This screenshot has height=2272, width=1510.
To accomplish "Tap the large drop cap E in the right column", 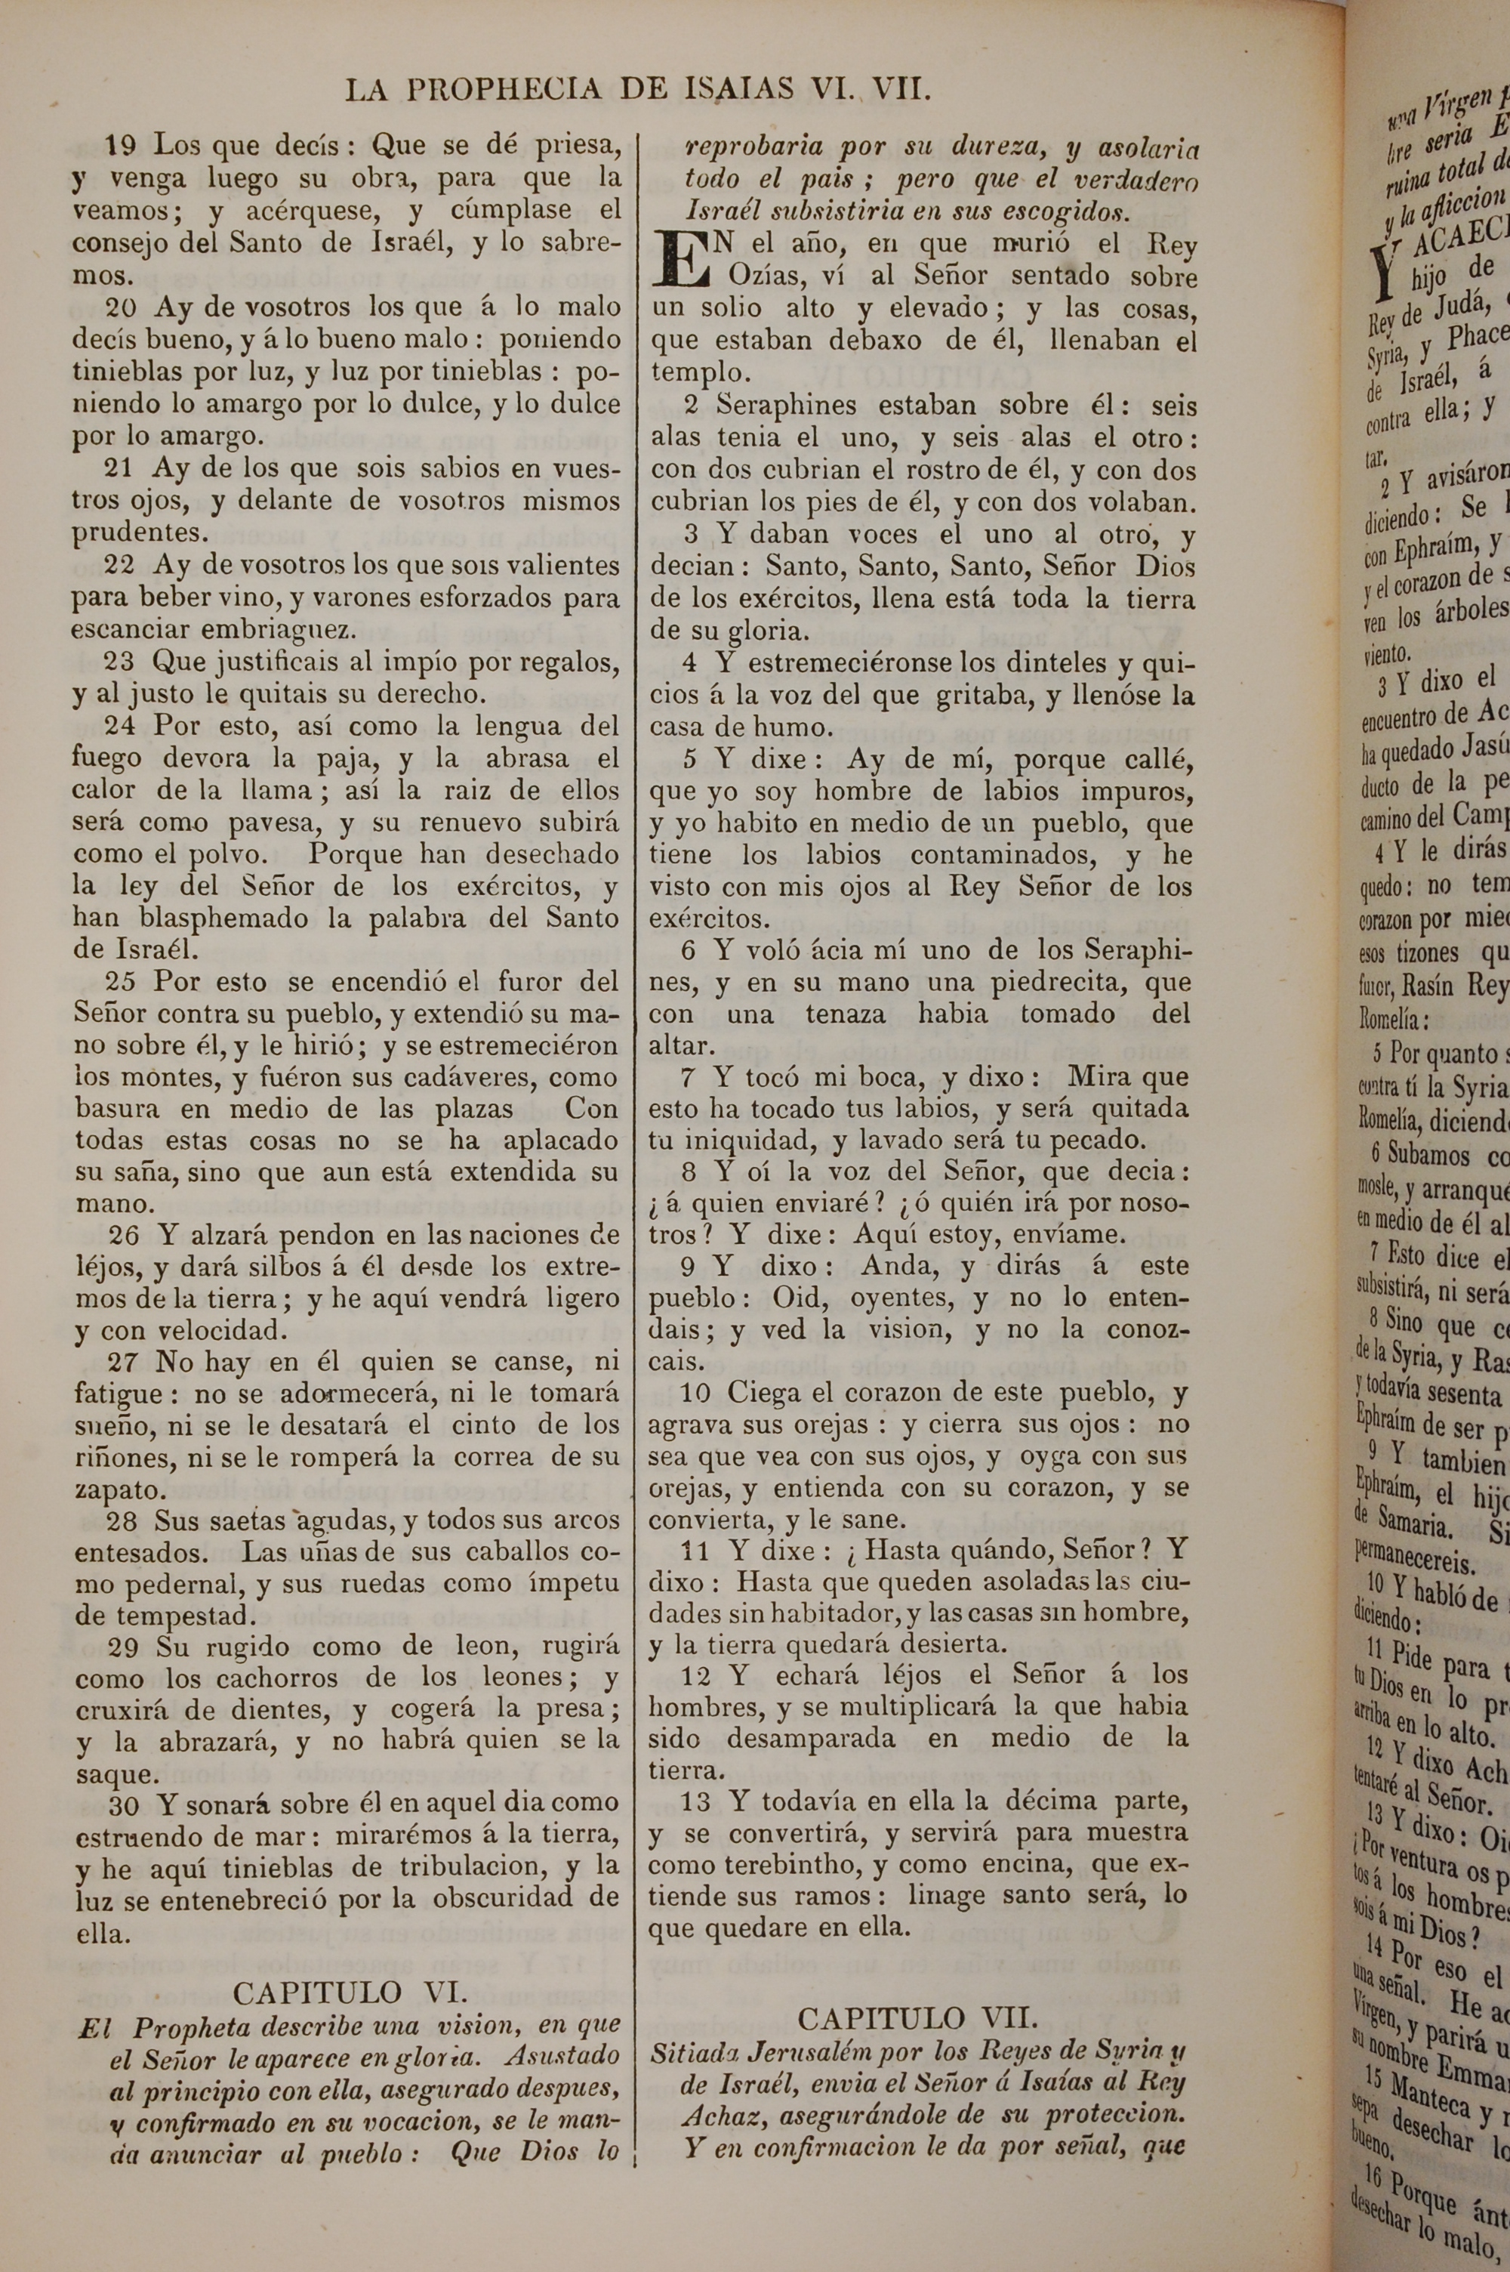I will [x=681, y=260].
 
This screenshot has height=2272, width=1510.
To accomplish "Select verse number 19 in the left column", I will [x=122, y=147].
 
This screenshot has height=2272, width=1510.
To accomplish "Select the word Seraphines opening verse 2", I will [x=786, y=406].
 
